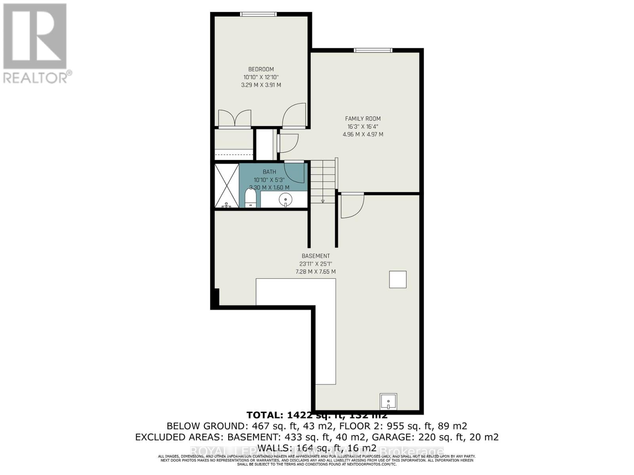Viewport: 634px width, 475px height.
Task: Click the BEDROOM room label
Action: [261, 69]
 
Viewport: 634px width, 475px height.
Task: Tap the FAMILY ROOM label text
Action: [363, 119]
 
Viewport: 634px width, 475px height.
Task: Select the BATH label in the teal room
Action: [269, 172]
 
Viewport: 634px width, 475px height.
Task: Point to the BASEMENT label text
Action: [315, 256]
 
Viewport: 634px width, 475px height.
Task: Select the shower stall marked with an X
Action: [227, 186]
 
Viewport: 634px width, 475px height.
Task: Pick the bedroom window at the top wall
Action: [258, 14]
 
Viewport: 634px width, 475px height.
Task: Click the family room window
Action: [372, 50]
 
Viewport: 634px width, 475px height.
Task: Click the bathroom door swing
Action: [294, 171]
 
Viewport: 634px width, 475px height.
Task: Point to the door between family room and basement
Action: [352, 205]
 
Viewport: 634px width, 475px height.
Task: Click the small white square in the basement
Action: [397, 279]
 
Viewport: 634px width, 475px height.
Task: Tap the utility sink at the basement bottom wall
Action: [388, 401]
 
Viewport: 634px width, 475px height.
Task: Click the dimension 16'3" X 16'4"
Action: [363, 127]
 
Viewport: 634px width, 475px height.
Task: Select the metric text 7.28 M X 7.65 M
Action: [315, 272]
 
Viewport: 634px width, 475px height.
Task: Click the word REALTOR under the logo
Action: [36, 78]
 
